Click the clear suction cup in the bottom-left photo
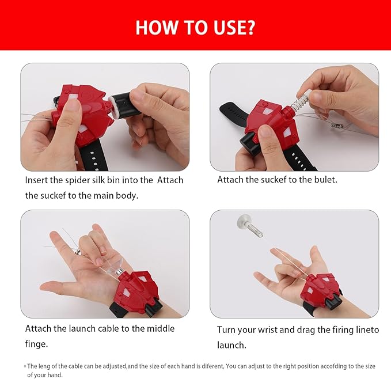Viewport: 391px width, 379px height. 114,266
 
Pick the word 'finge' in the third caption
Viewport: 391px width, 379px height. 36,344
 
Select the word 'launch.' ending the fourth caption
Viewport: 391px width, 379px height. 231,345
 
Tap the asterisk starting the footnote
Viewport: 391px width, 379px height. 25,366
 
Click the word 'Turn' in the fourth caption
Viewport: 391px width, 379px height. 226,330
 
